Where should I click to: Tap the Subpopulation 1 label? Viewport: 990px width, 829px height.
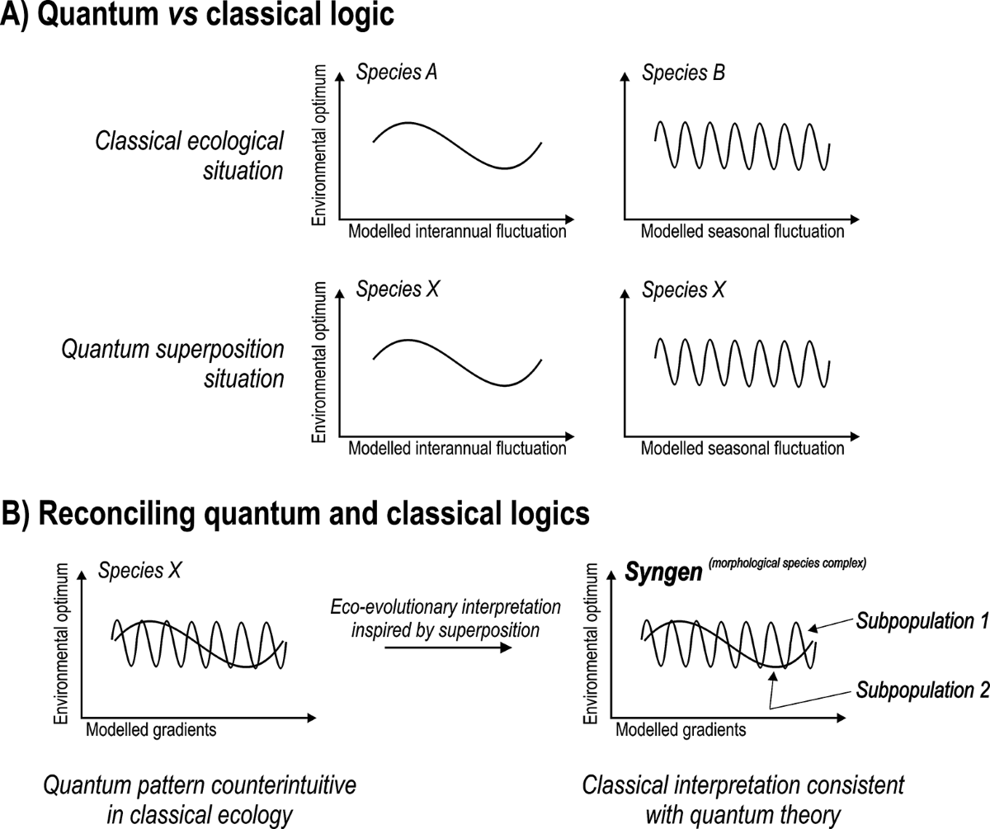click(921, 620)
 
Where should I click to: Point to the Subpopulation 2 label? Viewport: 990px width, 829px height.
click(921, 689)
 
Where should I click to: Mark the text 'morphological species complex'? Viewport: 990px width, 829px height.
click(780, 565)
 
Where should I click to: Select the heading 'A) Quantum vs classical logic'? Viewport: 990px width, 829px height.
click(198, 18)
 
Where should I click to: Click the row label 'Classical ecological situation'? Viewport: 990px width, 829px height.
click(190, 156)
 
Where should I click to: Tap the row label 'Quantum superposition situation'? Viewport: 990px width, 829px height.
click(173, 364)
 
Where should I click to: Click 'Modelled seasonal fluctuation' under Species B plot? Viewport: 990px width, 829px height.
click(742, 232)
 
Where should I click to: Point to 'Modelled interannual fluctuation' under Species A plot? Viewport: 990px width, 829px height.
click(457, 232)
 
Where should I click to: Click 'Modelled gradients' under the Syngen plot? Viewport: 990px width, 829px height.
click(681, 730)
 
